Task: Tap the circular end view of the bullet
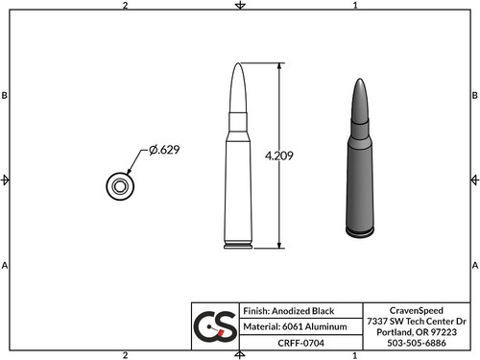[x=120, y=186]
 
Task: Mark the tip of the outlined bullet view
[x=239, y=64]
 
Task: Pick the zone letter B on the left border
[x=6, y=96]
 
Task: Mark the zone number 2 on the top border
[x=126, y=6]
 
